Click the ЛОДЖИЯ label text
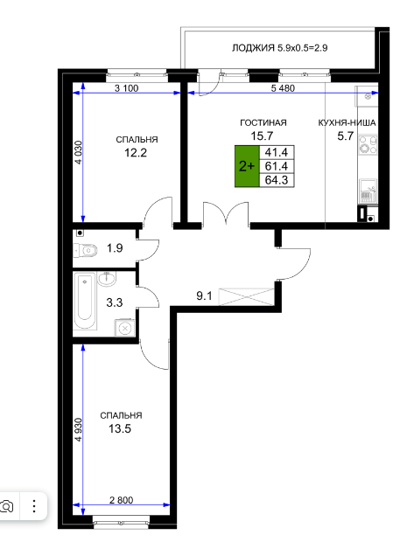pos(253,48)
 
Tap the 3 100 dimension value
pos(127,88)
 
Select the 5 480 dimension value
pos(283,88)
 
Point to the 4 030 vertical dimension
pos(78,152)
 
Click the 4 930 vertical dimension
pos(78,429)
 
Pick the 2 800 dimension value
pos(122,500)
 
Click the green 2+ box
pos(247,166)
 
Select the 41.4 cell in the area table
pos(277,152)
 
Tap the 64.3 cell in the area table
pos(277,180)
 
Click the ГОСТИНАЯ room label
pos(263,123)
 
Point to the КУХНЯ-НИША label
pos(347,123)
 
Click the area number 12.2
pos(136,153)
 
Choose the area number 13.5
pos(120,428)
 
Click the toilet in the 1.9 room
pos(86,250)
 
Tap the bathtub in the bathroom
pos(85,301)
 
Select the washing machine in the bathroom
pos(125,328)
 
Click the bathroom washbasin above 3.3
pos(107,279)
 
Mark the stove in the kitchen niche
pos(368,144)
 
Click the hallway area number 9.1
pos(204,296)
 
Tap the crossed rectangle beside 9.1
pos(247,296)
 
